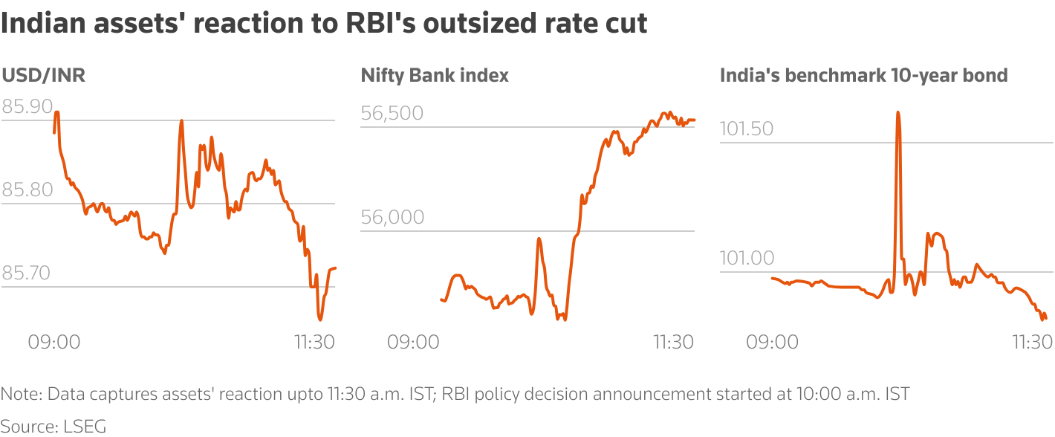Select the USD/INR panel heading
click(x=44, y=75)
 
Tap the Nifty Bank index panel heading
click(x=435, y=75)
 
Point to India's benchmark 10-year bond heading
click(x=863, y=75)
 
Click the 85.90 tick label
click(x=27, y=107)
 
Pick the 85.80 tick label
click(x=27, y=190)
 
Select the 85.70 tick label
click(x=27, y=273)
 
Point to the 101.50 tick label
click(x=747, y=129)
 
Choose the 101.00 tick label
click(x=747, y=258)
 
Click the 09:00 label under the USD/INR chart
click(x=53, y=343)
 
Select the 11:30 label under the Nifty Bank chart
click(x=673, y=343)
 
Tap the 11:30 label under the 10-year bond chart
click(x=1032, y=343)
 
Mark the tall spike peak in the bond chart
click(x=898, y=113)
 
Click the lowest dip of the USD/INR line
click(x=320, y=319)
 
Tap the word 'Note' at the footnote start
click(x=17, y=394)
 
